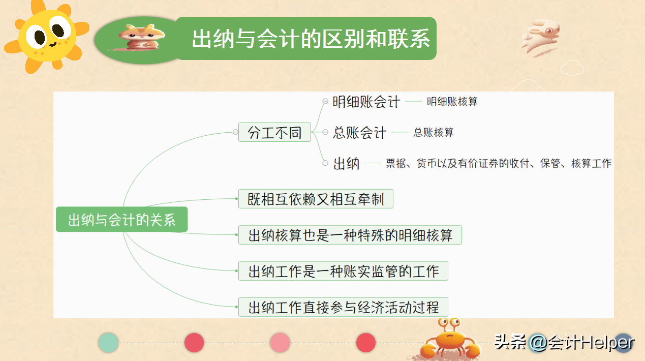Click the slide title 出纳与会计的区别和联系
pos(311,38)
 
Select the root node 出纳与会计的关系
pos(122,220)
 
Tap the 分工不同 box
pos(274,132)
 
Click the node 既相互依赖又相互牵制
pos(316,199)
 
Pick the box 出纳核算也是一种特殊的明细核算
pos(350,235)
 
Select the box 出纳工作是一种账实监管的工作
pos(343,271)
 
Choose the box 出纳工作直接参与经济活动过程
pos(343,307)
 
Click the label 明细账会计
pos(366,102)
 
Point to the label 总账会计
pos(359,133)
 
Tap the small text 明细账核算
pos(452,102)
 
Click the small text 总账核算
pos(434,133)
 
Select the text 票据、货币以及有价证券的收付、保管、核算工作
pos(499,163)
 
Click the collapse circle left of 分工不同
pos(235,132)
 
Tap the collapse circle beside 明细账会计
pos(325,101)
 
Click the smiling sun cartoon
pos(47,36)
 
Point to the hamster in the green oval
pos(142,38)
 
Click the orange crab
pos(450,340)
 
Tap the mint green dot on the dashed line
pos(108,343)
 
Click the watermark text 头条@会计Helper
pos(564,343)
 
